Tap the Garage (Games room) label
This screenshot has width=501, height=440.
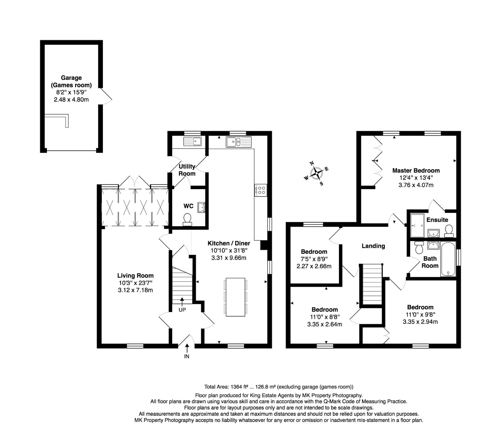pos(71,81)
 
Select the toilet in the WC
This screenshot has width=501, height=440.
pos(187,219)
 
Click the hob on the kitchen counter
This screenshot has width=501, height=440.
pos(261,190)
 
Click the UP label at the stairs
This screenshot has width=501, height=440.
pos(182,310)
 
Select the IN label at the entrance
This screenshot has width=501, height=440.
pos(187,357)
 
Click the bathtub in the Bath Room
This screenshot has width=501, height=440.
pos(449,259)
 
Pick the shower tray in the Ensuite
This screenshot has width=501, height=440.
pos(416,226)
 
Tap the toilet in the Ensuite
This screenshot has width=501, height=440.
pos(449,231)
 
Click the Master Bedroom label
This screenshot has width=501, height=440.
pos(416,171)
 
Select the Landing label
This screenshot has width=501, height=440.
pos(373,246)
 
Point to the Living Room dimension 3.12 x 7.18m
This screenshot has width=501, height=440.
pos(135,290)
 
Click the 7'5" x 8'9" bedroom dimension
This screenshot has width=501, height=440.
pos(314,259)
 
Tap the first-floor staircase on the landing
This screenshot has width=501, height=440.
pos(371,284)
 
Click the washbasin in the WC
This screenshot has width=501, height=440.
pos(201,207)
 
